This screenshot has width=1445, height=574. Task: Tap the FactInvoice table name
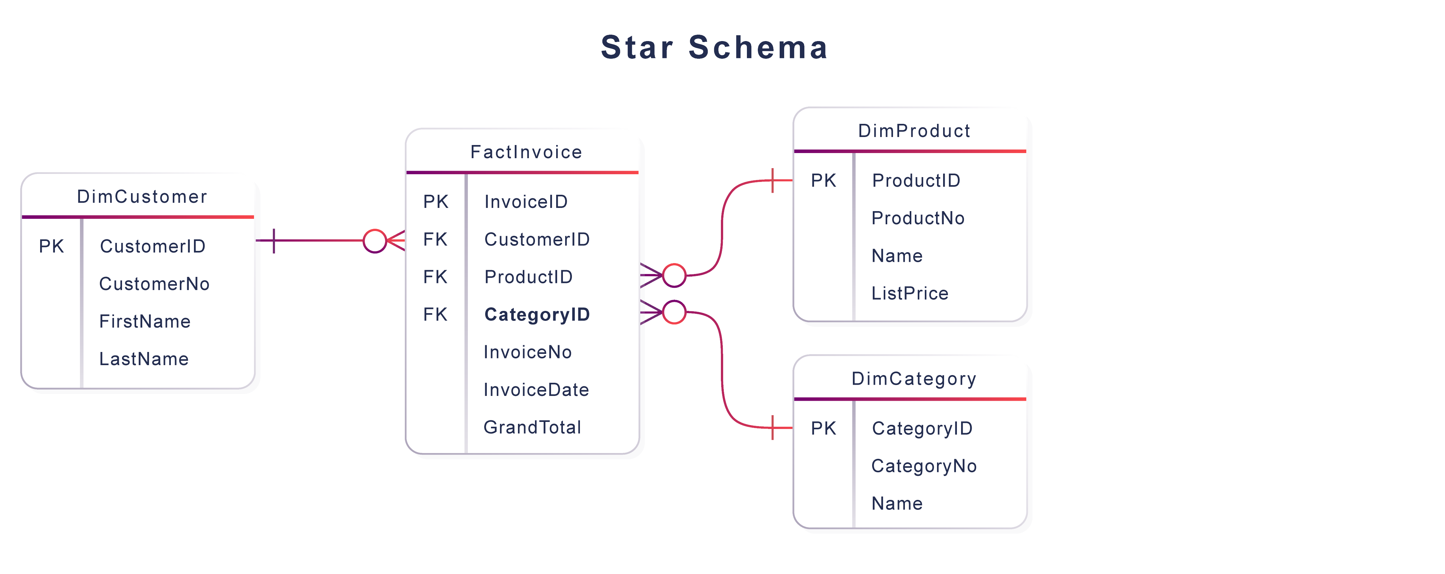tap(526, 152)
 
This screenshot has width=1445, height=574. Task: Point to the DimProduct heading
tap(914, 131)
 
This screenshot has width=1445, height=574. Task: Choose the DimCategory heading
tap(914, 379)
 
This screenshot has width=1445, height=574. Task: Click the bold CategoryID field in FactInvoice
tap(537, 314)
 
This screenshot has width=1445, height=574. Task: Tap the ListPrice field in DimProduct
tap(910, 293)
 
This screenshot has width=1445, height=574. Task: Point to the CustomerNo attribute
tap(154, 284)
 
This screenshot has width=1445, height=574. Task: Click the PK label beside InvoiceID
tap(436, 202)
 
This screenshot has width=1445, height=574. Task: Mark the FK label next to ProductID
tap(435, 277)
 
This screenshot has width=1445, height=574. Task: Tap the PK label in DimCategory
tap(823, 428)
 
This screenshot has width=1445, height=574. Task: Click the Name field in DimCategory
tap(897, 503)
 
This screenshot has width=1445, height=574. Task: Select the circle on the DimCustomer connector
tap(375, 241)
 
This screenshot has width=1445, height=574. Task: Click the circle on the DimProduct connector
tap(674, 275)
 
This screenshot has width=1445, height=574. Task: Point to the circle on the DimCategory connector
tap(674, 312)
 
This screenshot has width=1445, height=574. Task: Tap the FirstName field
tap(145, 321)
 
